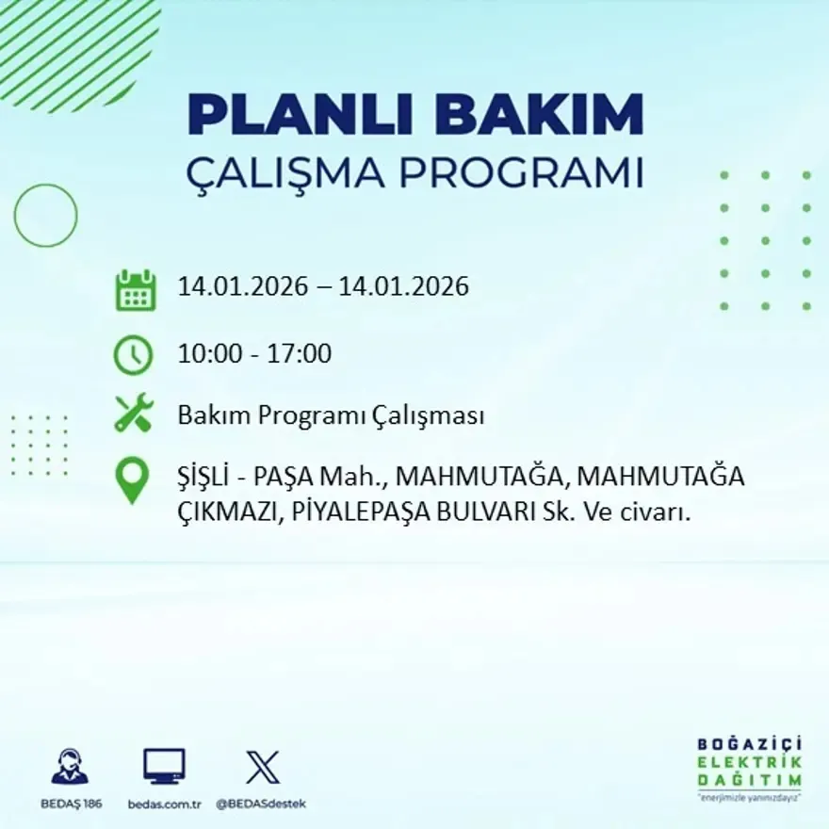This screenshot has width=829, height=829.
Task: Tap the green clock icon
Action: [x=133, y=355]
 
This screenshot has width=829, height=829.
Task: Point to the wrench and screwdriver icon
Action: [x=134, y=414]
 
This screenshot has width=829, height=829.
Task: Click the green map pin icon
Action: [x=132, y=479]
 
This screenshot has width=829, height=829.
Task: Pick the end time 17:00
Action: [x=301, y=354]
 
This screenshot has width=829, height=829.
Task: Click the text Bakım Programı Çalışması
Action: [x=331, y=415]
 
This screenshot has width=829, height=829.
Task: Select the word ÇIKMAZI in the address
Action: [x=225, y=513]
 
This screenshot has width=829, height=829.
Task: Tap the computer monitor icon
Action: [x=164, y=766]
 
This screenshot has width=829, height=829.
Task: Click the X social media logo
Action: [x=262, y=766]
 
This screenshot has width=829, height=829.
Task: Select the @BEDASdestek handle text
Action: [x=261, y=804]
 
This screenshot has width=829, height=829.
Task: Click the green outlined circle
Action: [x=45, y=216]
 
